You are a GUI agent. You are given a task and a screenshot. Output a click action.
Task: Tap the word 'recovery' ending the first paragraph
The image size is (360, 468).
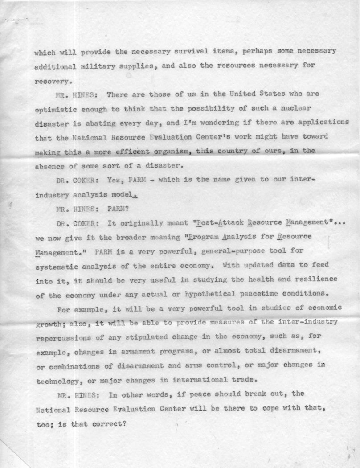[52, 82]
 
